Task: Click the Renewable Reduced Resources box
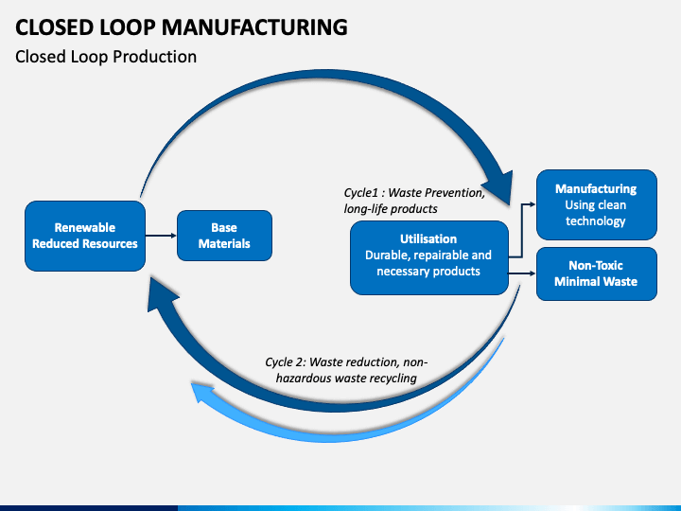85,236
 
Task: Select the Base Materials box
224,236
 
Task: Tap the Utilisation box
429,257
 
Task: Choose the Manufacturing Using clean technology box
596,204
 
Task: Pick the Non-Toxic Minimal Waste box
596,273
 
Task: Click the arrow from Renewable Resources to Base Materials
161,236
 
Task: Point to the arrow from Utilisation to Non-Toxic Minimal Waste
522,273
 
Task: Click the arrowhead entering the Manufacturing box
533,203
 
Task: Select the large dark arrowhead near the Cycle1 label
499,186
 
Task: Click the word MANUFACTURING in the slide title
254,26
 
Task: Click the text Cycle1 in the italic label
360,192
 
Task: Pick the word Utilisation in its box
428,238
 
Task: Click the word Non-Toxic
596,265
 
